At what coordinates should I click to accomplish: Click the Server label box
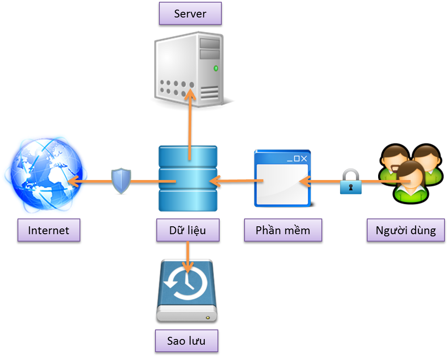[190, 14]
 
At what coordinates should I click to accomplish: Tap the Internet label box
[48, 230]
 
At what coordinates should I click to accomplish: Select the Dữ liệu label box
[187, 230]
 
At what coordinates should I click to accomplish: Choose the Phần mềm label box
[283, 230]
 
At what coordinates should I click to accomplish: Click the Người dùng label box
[406, 230]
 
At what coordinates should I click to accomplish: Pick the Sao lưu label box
[186, 341]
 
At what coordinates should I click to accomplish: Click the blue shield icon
[121, 181]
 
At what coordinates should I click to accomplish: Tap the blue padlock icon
[351, 183]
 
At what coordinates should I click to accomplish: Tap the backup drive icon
[187, 291]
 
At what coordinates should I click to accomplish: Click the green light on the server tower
[216, 68]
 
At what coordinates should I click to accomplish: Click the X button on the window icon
[304, 158]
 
